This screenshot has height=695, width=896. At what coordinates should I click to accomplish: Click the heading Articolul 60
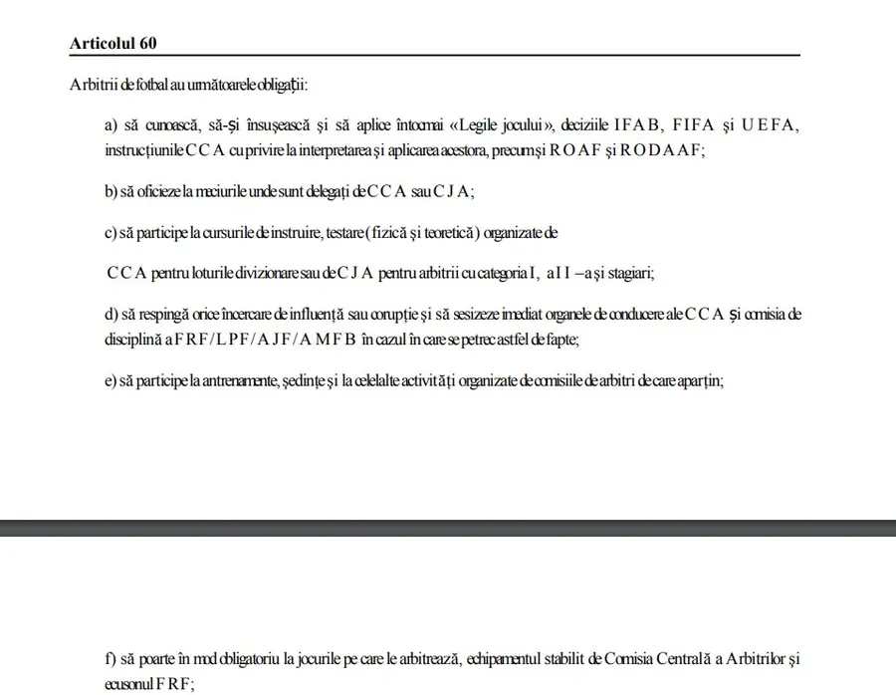pos(112,44)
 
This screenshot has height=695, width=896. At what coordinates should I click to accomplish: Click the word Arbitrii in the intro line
pos(94,87)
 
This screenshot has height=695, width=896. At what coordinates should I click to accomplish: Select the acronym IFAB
pos(637,125)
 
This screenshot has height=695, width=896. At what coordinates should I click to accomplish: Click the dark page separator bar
pos(448,527)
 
